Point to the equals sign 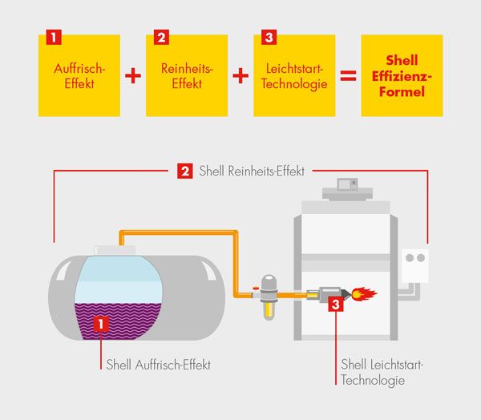348,76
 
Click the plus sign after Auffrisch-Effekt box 133,76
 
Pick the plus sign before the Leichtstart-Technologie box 240,76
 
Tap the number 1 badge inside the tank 101,324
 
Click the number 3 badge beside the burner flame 336,304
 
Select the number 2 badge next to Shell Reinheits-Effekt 185,171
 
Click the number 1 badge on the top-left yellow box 54,38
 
